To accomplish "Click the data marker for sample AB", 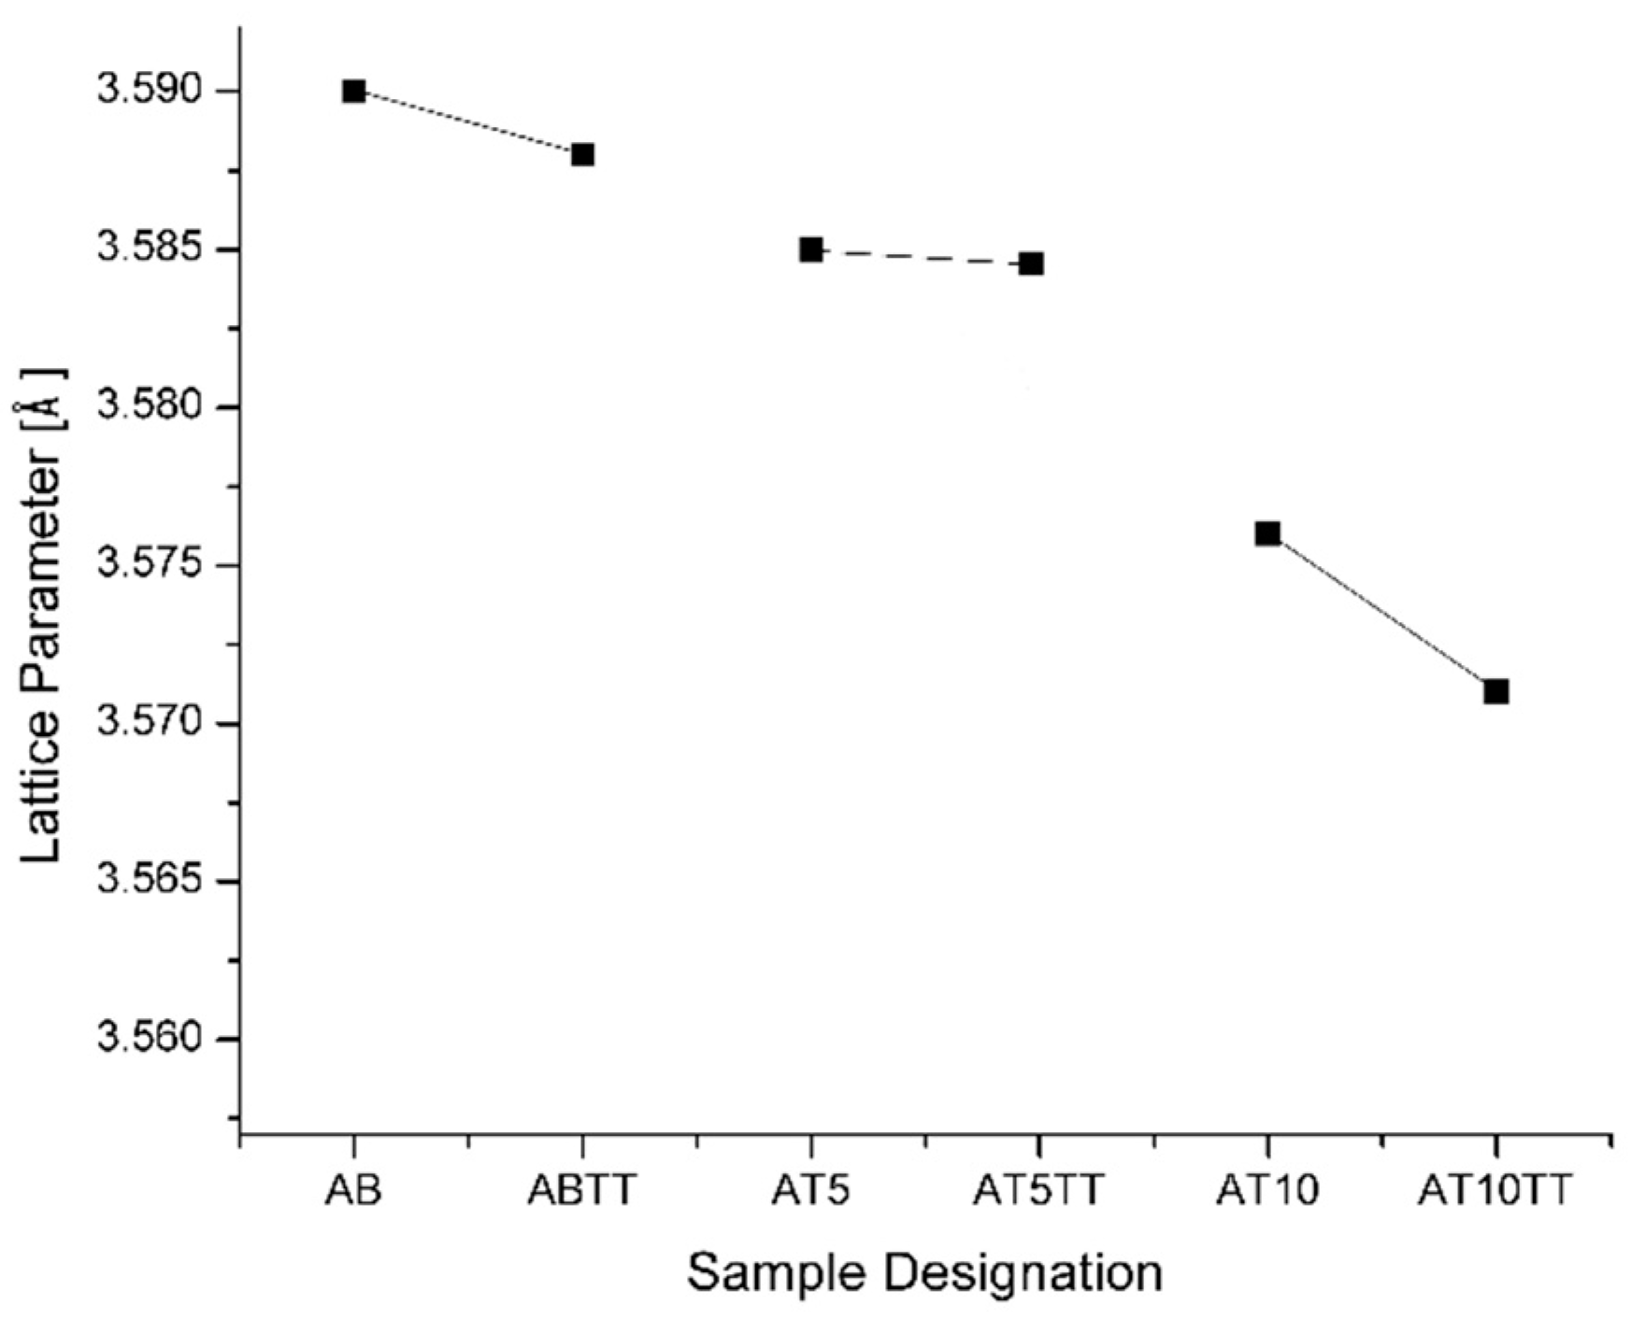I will pos(353,92).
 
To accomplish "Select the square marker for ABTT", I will pos(582,154).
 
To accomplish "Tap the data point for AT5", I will pos(811,250).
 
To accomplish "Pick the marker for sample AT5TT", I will pos(1031,263).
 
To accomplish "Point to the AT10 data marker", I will pos(1267,533).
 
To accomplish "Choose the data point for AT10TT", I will pos(1496,691).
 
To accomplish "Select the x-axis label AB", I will pos(353,1191).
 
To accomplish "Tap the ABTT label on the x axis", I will pos(582,1191).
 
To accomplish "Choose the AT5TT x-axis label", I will pos(1038,1191).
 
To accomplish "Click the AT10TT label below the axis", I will pos(1495,1191).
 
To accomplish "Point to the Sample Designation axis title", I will pos(924,1272).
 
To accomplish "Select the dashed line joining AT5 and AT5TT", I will pos(921,257).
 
